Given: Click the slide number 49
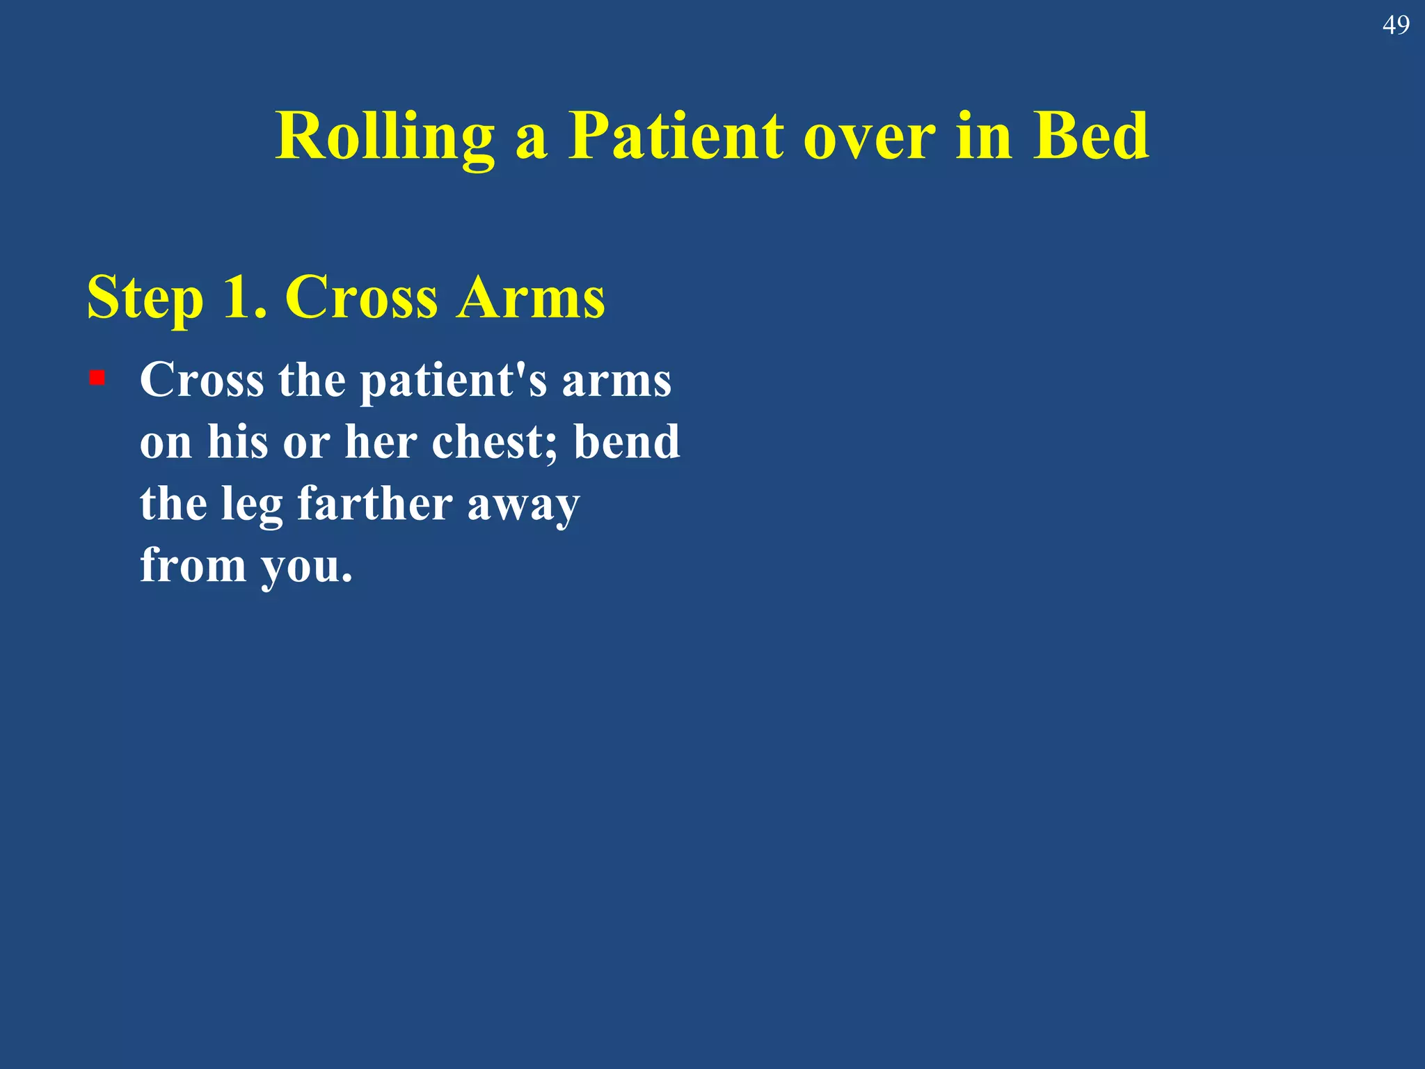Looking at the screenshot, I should tap(1395, 26).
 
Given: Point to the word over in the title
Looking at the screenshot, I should tap(869, 137).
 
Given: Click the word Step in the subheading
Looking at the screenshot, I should tap(145, 298).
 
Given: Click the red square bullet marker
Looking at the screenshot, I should tap(97, 378).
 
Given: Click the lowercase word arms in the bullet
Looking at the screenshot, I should tap(616, 381).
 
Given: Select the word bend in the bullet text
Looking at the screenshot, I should tap(626, 442).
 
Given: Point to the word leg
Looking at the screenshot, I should tap(252, 505).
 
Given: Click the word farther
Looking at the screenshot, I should tap(375, 503).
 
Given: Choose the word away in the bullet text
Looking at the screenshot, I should tap(523, 505).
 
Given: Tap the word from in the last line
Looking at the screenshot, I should tap(193, 564).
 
